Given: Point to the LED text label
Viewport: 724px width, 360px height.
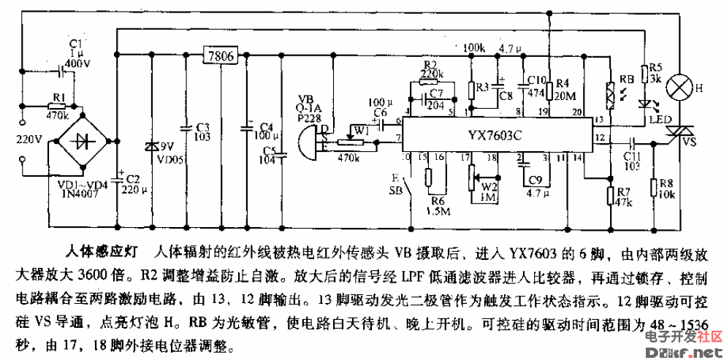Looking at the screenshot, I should (663, 118).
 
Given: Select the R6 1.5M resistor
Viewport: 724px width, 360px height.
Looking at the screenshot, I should (429, 178).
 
